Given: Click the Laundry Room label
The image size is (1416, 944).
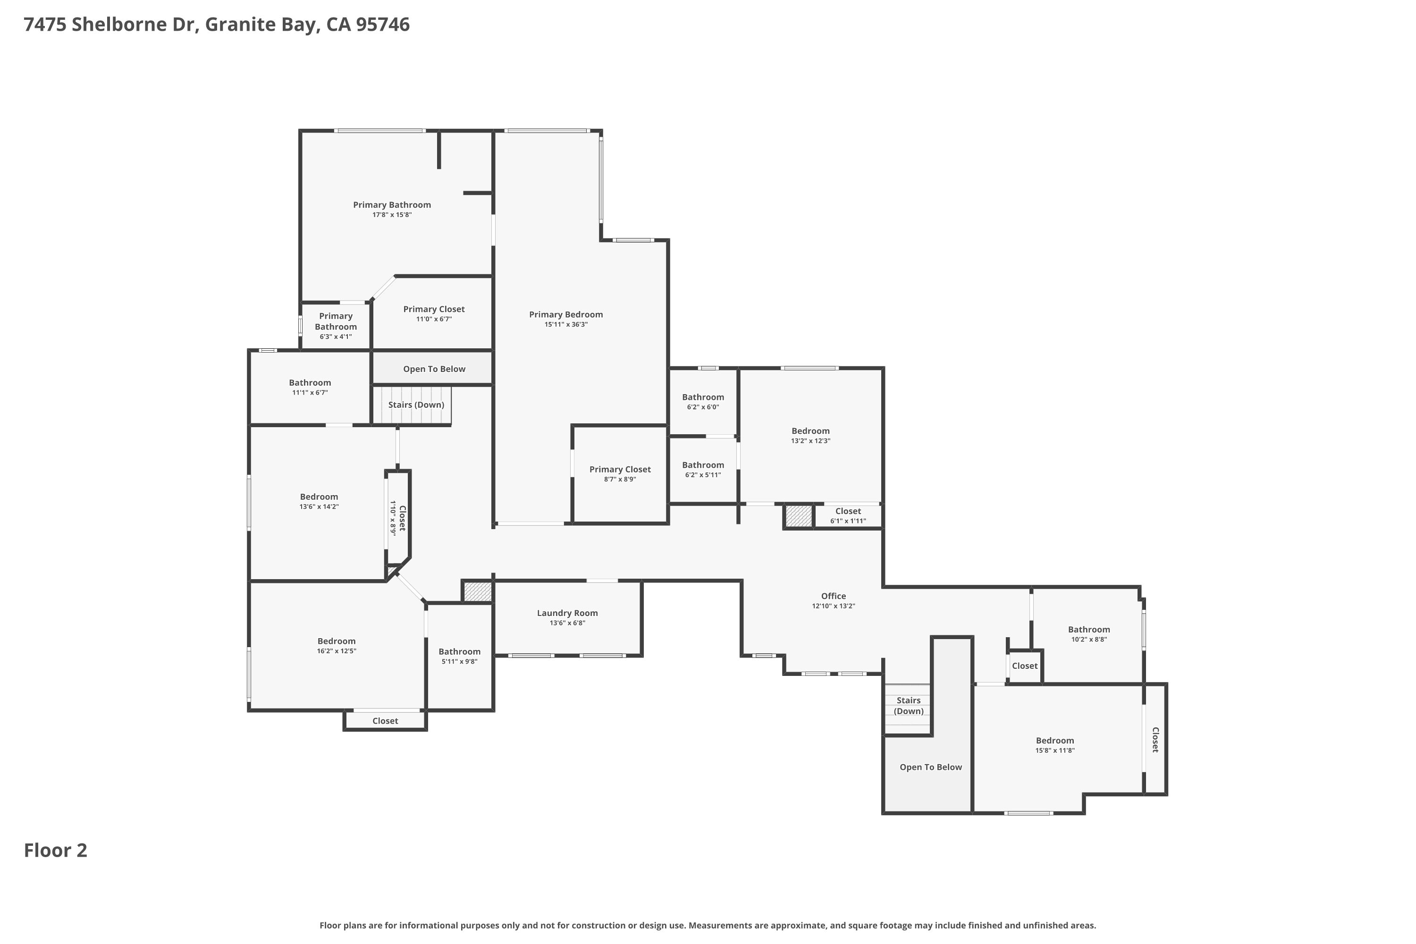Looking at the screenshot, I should (567, 613).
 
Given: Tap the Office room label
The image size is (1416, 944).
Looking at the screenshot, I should (833, 596).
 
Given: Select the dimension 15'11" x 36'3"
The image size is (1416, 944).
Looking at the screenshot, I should (566, 325).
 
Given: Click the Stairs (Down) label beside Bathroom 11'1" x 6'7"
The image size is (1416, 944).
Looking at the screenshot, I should (416, 405).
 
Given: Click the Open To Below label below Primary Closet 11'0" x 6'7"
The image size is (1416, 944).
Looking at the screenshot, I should (434, 369).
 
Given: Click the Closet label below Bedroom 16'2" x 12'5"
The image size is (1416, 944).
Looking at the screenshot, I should (385, 721).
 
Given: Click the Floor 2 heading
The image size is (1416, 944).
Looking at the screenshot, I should (55, 851).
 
